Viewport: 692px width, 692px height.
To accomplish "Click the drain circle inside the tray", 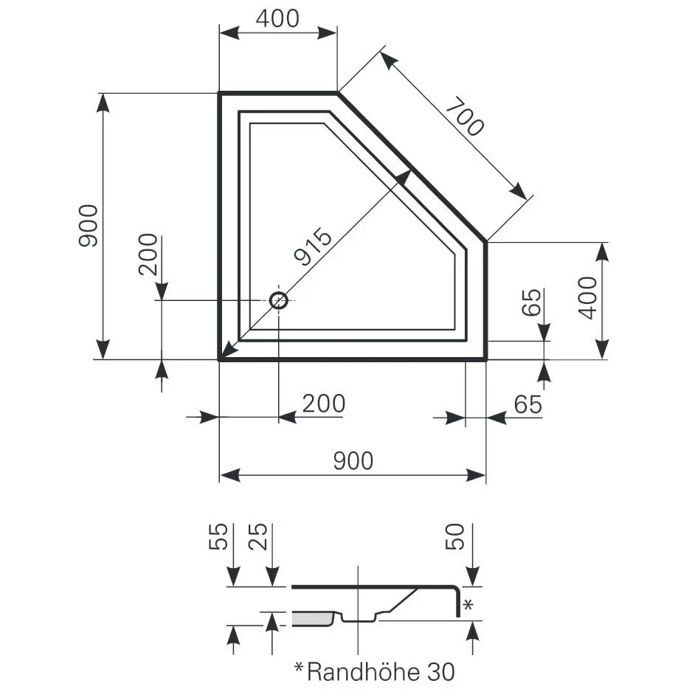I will [279, 300].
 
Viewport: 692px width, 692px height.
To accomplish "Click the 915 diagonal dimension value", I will [313, 247].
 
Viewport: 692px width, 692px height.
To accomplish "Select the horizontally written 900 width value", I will [353, 461].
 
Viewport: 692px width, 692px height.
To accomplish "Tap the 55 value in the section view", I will [217, 539].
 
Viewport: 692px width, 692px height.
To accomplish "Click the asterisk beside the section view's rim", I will [467, 606].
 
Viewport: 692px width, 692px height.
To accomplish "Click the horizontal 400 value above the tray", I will [277, 18].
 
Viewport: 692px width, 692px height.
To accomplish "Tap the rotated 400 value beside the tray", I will [587, 297].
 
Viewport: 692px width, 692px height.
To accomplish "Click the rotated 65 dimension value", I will [531, 302].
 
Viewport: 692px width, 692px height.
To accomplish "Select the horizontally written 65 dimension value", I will [527, 404].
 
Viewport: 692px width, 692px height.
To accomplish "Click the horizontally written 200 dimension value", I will [324, 404].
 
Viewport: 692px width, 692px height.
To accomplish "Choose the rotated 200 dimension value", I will [148, 255].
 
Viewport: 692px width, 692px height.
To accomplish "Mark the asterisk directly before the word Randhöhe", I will [299, 668].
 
